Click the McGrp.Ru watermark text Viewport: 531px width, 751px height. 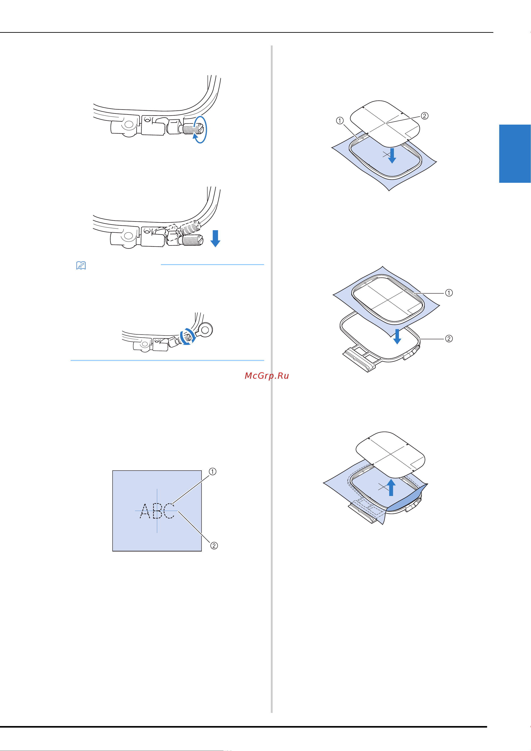267,376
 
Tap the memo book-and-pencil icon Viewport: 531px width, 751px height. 81,265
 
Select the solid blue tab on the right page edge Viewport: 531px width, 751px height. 515,153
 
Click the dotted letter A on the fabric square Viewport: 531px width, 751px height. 145,511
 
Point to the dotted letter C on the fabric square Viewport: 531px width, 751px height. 169,511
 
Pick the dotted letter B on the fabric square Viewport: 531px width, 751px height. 157,511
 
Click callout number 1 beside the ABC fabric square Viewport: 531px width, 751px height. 213,471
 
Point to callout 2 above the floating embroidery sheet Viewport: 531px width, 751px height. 424,116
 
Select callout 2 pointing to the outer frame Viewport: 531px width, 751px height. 449,339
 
